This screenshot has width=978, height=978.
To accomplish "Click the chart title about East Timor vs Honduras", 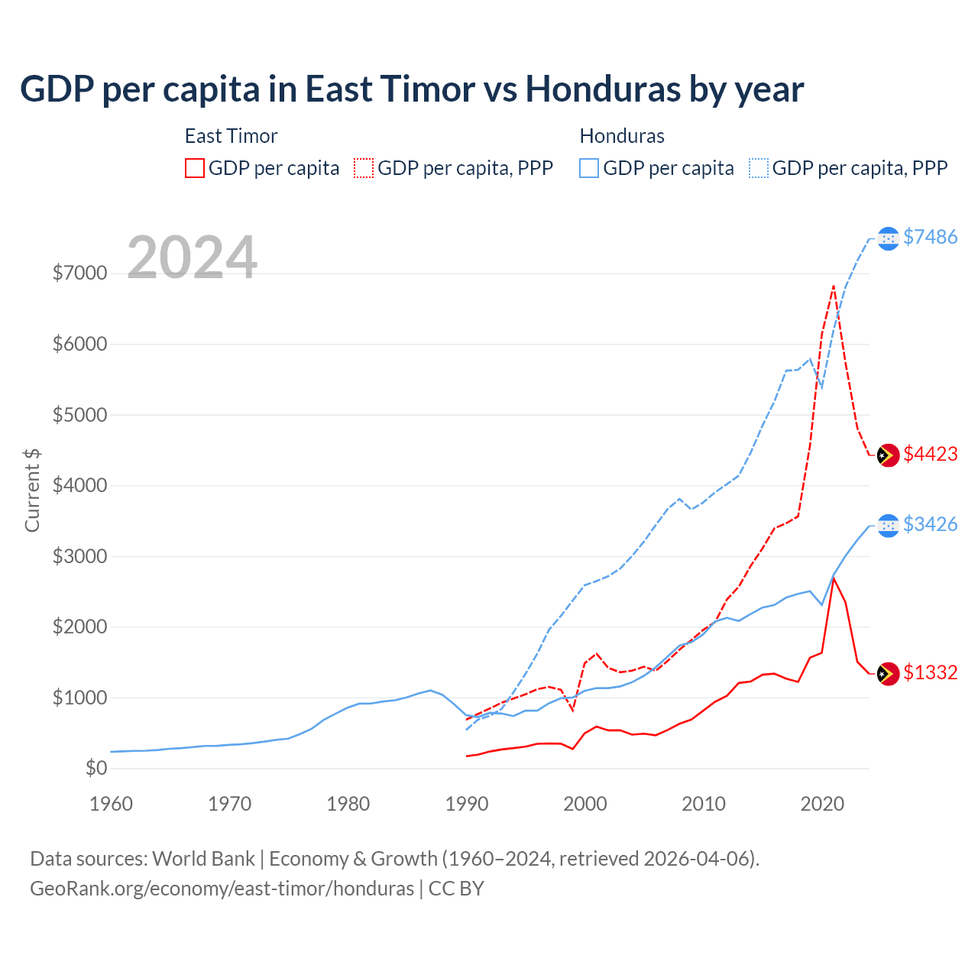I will pos(412,89).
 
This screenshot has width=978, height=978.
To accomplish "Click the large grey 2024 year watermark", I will pos(192,257).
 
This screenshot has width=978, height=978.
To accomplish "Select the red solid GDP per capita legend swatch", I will pos(195,168).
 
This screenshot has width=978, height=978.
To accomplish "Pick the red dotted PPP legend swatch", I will pos(364,168).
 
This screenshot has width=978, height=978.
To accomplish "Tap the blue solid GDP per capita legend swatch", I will pos(589,168).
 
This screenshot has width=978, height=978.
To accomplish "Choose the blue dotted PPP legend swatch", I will pos(759,168).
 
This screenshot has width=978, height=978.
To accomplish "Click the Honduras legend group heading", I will pos(622,136).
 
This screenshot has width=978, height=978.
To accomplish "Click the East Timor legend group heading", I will pos(231,136).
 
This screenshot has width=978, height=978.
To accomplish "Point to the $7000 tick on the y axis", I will pos(79,273).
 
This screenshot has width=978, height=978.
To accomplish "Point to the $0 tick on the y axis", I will pos(96,768).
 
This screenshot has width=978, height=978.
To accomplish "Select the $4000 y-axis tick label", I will pos(79,485).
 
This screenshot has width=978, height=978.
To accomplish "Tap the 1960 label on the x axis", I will pos(111,804).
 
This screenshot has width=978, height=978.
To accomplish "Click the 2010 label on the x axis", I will pos(703,804).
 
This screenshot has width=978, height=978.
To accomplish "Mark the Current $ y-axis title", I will pos(32,491).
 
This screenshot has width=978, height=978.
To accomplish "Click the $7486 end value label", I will pos(930,237).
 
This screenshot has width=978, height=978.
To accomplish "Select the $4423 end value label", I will pos(930,454).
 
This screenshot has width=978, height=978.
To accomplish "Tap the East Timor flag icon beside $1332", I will pos(888,673).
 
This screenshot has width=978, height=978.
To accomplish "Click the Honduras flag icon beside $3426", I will pos(888,525).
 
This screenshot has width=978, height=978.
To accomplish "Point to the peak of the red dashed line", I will pos(834,286).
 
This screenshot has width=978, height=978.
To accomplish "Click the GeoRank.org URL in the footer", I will pos(222,889).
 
